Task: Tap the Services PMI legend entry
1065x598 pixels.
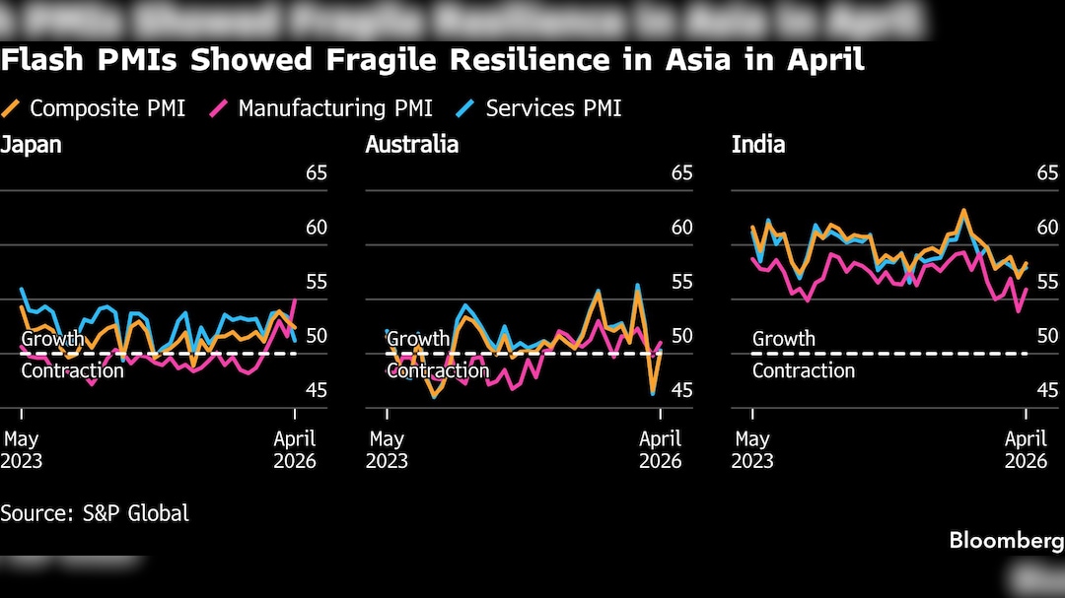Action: point(553,108)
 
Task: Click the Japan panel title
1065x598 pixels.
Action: point(31,145)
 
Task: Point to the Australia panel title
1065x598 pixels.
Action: point(411,145)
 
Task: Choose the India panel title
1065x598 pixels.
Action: point(757,145)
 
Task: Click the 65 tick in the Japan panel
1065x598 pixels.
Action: point(316,173)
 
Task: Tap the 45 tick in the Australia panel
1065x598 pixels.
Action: point(681,390)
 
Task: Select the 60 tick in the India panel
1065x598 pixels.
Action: point(1047,228)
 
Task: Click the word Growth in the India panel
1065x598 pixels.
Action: point(783,339)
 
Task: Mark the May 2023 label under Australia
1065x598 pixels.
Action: point(387,449)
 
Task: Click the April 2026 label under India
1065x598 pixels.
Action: point(1026,449)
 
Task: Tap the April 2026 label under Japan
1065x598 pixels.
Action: point(295,449)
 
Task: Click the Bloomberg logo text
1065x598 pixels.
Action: point(1006,541)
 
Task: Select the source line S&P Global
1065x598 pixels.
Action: point(95,513)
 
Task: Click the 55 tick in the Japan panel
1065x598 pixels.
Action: point(316,282)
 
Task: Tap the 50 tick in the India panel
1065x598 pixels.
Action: point(1047,336)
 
